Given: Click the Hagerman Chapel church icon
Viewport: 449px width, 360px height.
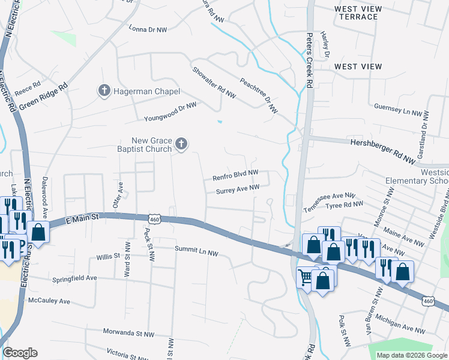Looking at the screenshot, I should [x=103, y=91].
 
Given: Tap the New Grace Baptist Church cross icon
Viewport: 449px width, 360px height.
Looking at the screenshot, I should [x=181, y=144].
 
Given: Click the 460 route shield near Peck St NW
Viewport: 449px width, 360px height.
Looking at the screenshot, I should [x=155, y=220].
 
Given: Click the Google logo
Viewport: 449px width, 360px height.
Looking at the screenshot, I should [x=20, y=353].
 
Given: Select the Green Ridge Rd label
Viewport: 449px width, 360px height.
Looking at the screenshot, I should [x=43, y=97].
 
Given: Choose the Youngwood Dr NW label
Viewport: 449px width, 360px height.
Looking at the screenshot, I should [x=170, y=112].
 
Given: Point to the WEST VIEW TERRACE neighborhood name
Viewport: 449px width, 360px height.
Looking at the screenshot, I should [x=356, y=13].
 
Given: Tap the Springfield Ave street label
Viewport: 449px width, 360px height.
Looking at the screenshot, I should [x=74, y=278].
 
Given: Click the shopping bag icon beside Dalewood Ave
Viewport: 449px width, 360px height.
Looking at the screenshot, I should [x=38, y=232].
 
